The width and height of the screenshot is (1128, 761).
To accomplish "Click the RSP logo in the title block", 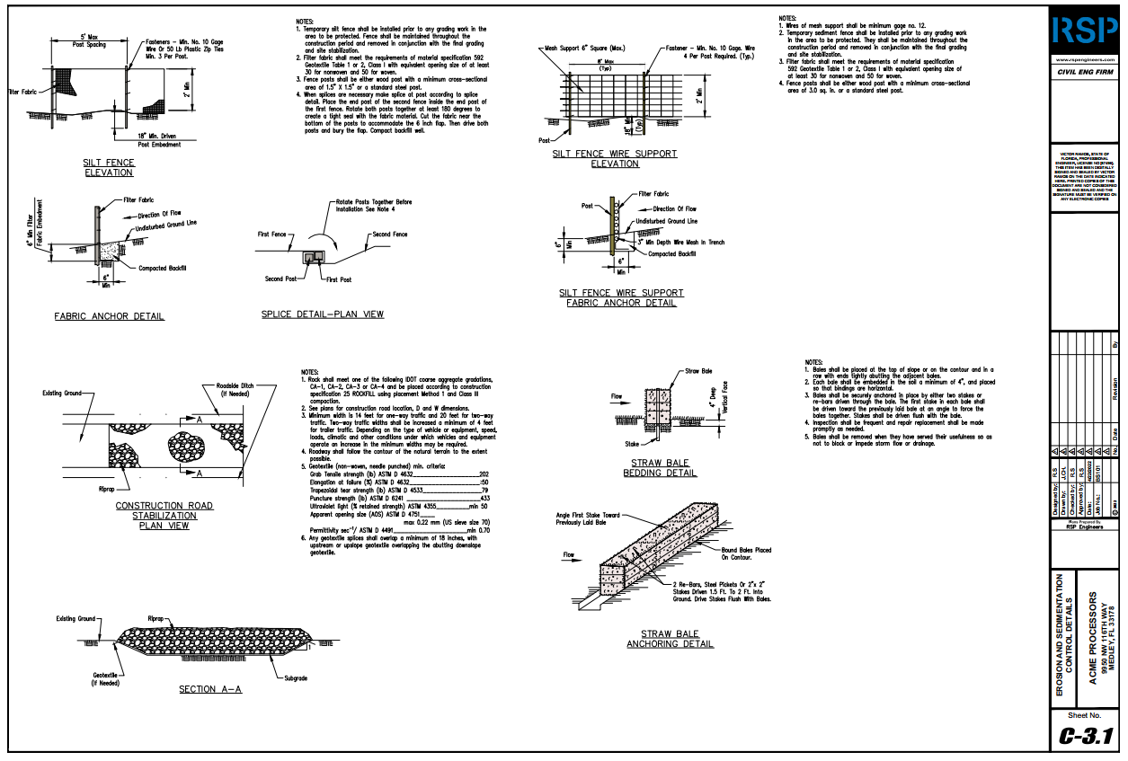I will point(1085,31).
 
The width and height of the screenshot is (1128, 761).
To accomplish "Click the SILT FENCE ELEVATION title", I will point(109,167).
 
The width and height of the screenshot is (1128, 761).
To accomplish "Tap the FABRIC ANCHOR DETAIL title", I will point(109,316).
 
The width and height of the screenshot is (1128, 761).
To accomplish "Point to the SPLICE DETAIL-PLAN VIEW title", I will point(322,314).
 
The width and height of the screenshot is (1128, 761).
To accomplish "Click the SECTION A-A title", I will point(209,689).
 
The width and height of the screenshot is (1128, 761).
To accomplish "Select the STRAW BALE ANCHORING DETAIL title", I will point(670,638).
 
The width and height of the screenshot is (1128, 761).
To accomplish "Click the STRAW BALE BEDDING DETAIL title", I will point(659,467).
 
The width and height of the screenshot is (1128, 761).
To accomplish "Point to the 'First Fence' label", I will point(272,234).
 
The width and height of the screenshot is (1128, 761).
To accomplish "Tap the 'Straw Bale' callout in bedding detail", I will point(698,370).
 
